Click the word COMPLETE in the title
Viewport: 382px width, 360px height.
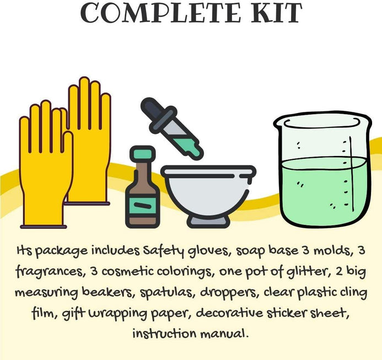160,13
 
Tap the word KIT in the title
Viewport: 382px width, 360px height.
276,13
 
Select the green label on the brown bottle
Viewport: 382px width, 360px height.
143,205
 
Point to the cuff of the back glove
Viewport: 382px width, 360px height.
87,203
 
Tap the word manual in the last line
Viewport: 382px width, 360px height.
224,334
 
